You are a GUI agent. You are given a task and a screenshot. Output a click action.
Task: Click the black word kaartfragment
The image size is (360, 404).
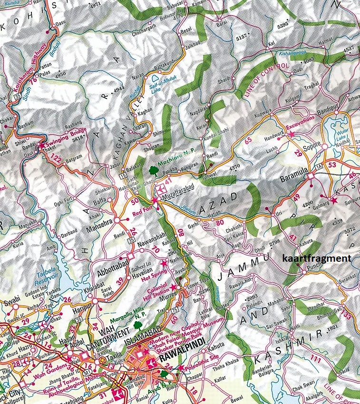pos(316,258)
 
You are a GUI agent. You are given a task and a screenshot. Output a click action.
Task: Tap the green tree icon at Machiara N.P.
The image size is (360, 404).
pos(153,170)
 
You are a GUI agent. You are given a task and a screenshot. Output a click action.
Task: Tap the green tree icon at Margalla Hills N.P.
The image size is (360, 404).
pos(137,325)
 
